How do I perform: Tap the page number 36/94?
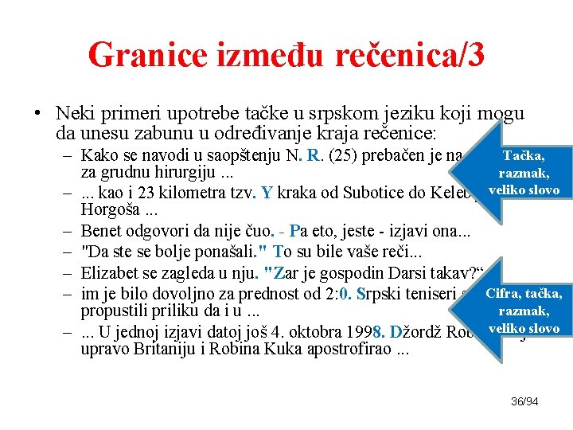point(524,401)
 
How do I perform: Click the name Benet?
point(103,231)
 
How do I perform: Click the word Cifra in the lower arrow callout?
point(505,295)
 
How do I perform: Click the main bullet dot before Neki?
point(37,112)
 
